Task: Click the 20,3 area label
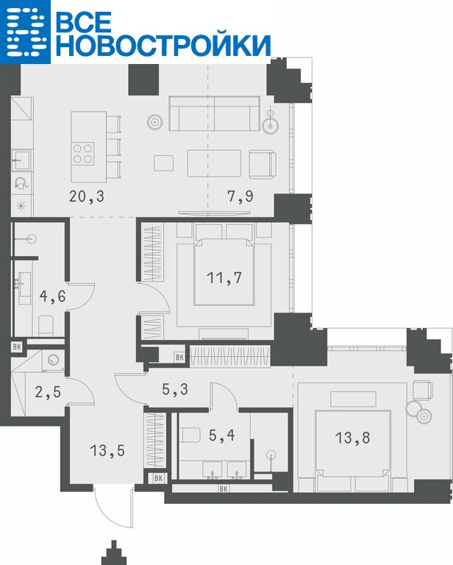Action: click(87, 196)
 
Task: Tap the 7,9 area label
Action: click(240, 196)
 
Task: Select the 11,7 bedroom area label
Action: click(224, 278)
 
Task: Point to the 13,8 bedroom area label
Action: click(352, 438)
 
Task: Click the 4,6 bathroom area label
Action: click(52, 296)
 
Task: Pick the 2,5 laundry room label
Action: click(48, 391)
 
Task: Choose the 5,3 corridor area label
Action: click(175, 389)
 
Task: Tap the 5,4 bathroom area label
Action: click(222, 436)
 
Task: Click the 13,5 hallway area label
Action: click(107, 451)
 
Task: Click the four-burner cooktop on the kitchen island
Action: click(83, 154)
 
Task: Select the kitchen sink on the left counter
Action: click(21, 160)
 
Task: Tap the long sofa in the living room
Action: click(214, 113)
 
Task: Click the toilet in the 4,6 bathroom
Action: click(46, 325)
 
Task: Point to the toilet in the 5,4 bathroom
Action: click(190, 436)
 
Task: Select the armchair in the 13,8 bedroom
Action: click(423, 390)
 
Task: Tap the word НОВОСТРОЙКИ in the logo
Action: click(163, 45)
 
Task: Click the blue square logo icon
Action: click(25, 32)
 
